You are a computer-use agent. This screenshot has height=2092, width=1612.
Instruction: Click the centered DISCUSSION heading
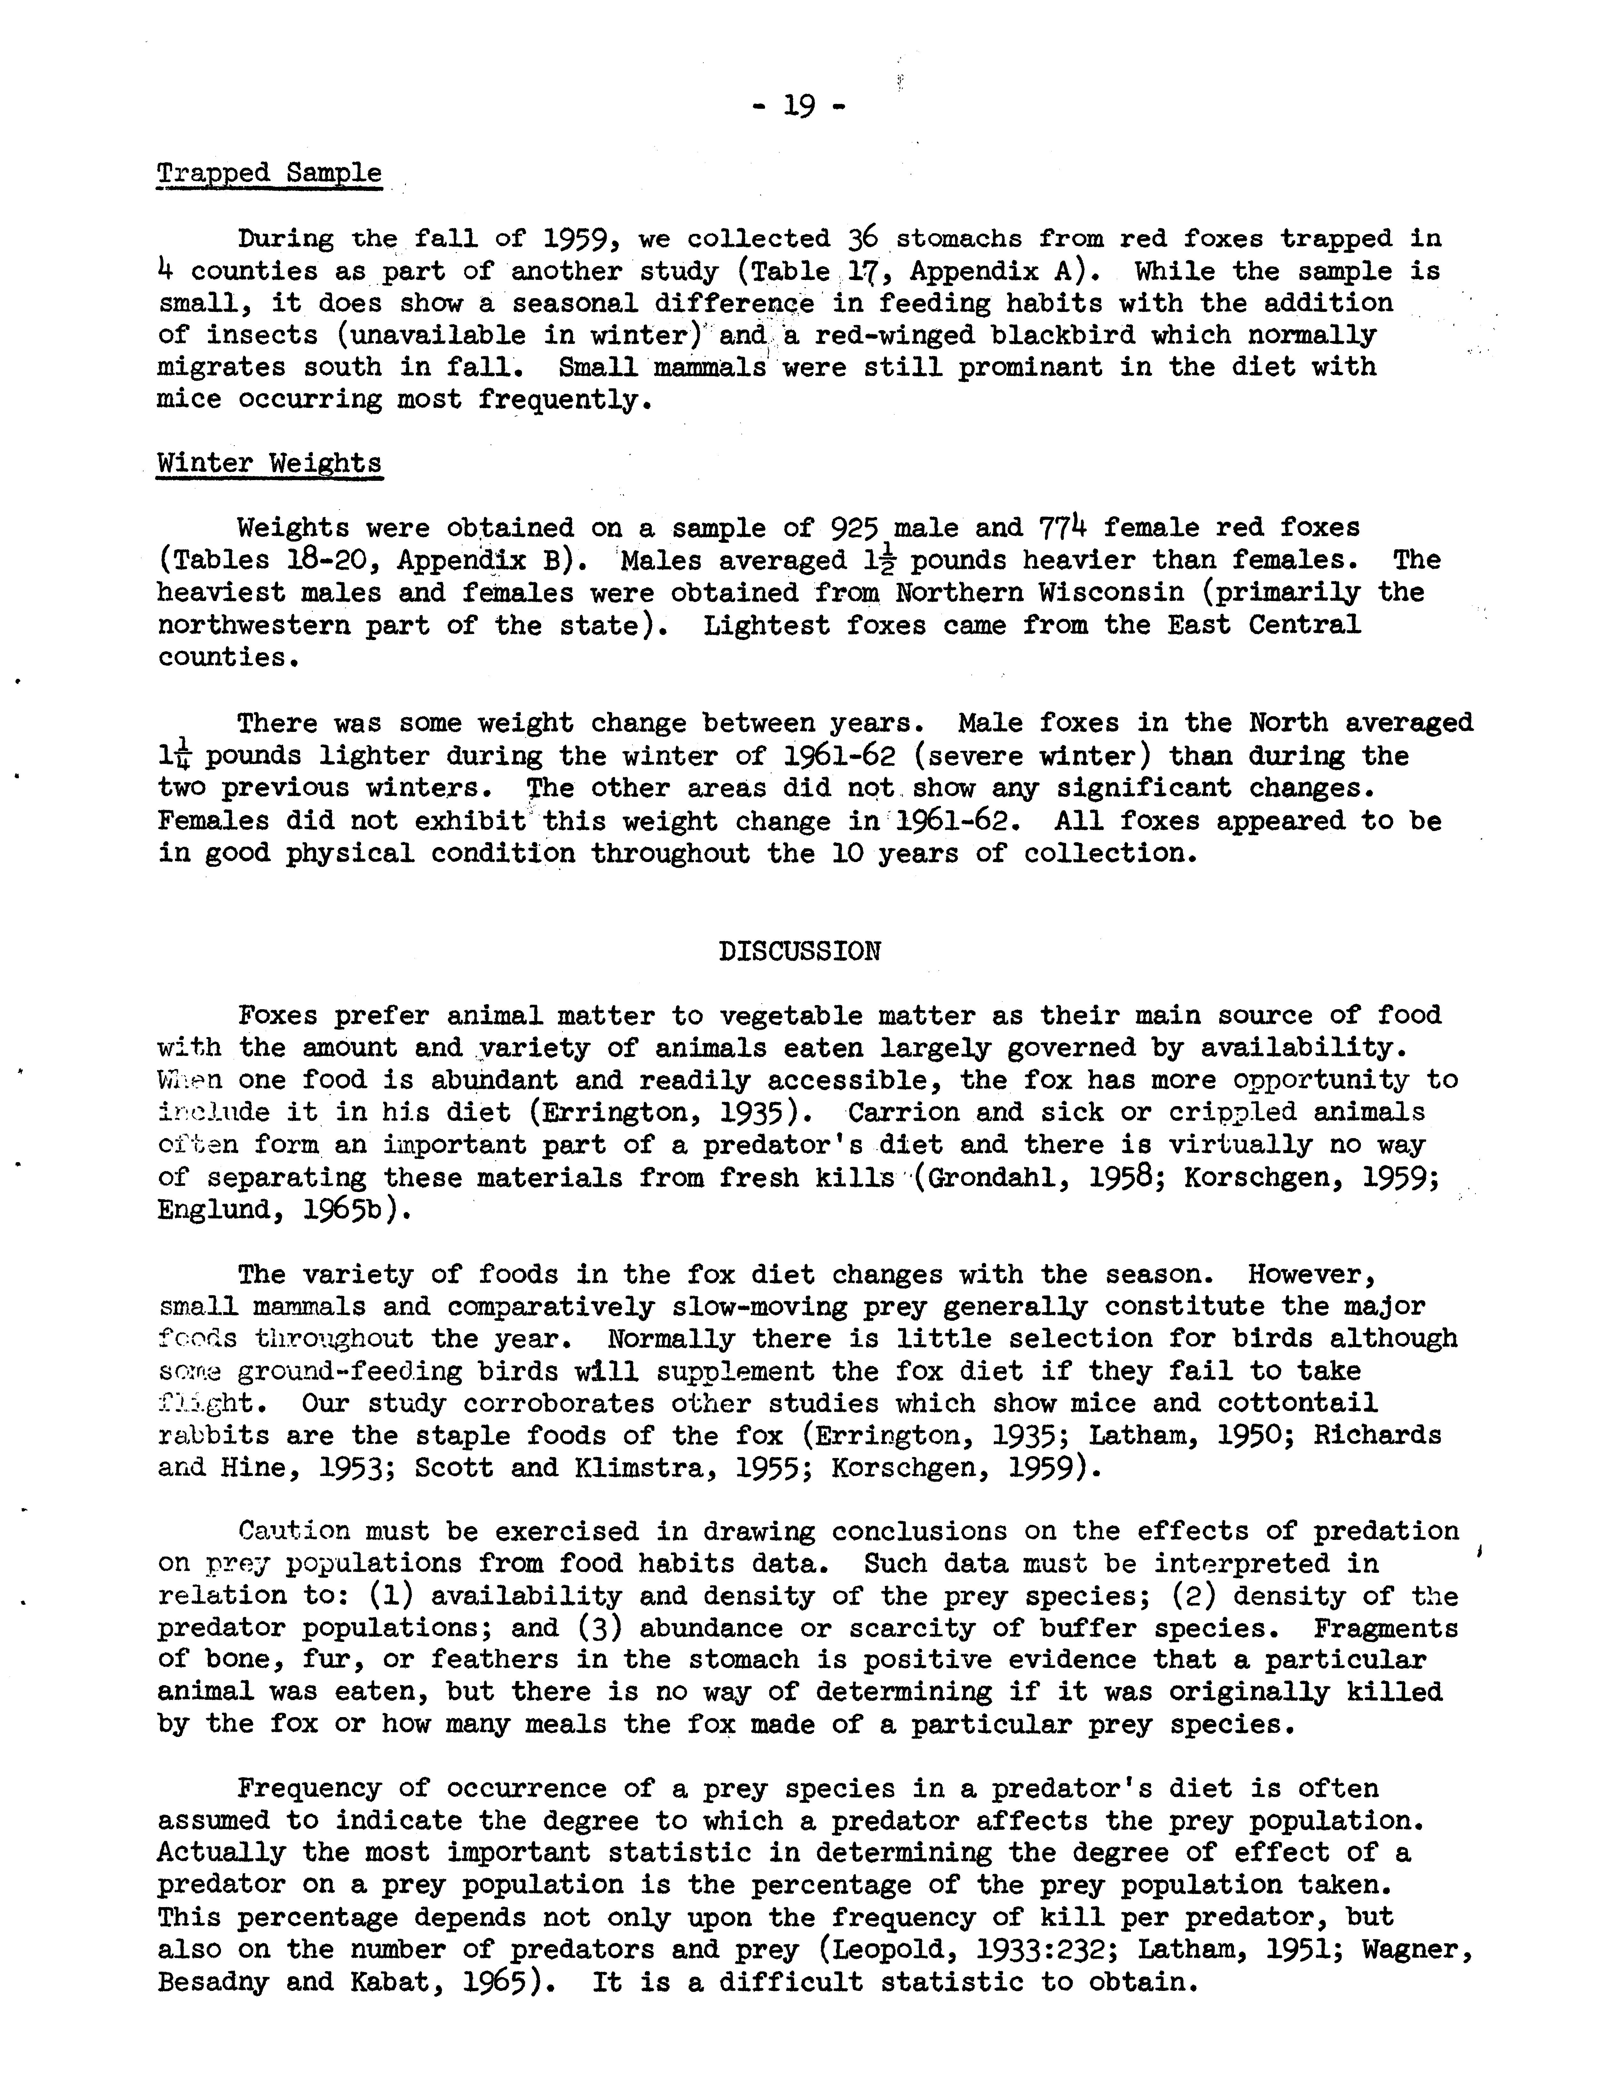tap(799, 951)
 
